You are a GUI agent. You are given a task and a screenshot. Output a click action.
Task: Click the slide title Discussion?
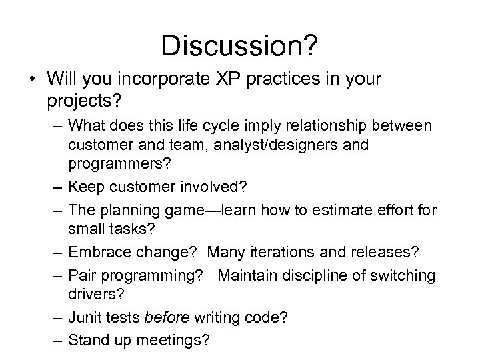pyautogui.click(x=239, y=46)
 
